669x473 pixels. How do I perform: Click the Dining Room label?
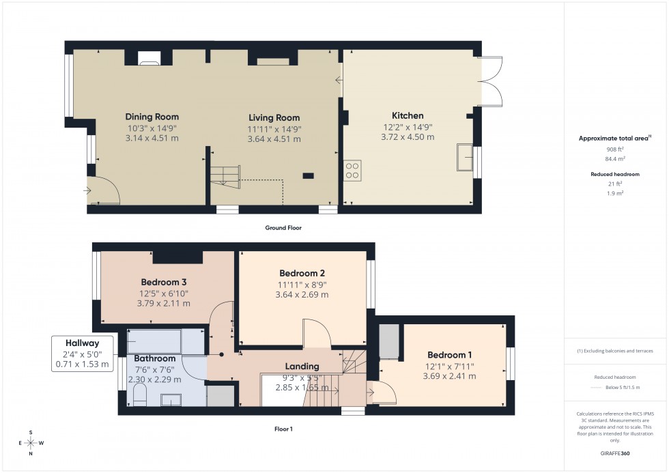152,116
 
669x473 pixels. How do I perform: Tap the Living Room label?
274,117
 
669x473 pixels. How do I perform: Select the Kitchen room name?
408,115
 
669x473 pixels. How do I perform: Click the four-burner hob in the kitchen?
352,170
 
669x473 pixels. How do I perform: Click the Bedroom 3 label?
164,282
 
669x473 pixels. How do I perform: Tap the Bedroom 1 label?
450,355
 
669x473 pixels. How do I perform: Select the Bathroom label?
154,358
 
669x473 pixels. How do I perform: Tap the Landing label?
302,367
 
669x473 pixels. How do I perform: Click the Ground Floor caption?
283,228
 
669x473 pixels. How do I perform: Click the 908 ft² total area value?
615,149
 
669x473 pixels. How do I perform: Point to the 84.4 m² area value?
615,158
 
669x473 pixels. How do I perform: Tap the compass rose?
31,443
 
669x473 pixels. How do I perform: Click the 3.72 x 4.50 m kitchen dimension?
408,137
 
